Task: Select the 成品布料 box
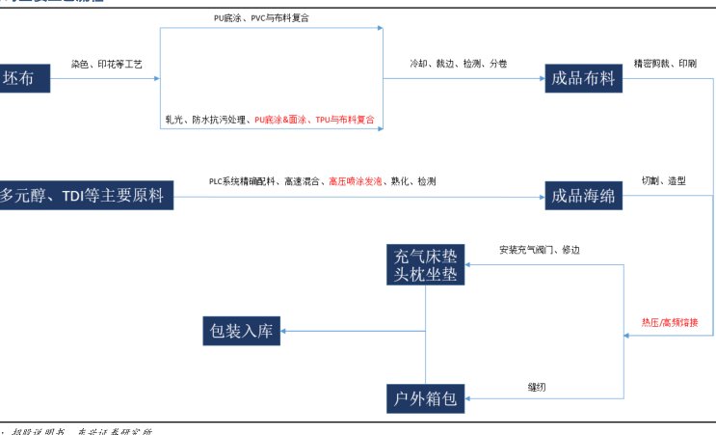583,79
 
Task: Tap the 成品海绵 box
583,197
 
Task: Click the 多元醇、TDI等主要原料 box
85,197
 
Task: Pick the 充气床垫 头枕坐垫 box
426,265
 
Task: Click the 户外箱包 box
426,397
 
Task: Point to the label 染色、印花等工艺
106,64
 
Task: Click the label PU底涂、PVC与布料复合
268,18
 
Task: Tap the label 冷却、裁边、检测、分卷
459,64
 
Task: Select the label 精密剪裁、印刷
665,64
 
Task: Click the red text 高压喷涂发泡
355,180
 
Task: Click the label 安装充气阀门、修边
540,250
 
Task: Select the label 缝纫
539,387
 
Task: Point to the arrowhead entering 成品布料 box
541,79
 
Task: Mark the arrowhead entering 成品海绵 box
541,197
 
